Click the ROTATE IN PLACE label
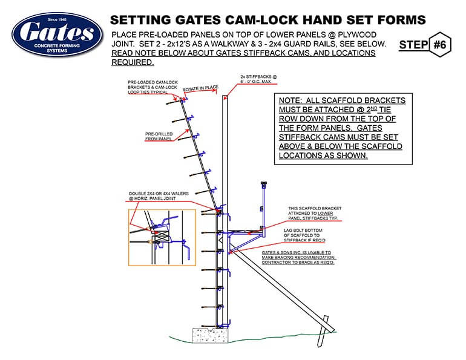[200, 88]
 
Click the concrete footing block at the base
[209, 336]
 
